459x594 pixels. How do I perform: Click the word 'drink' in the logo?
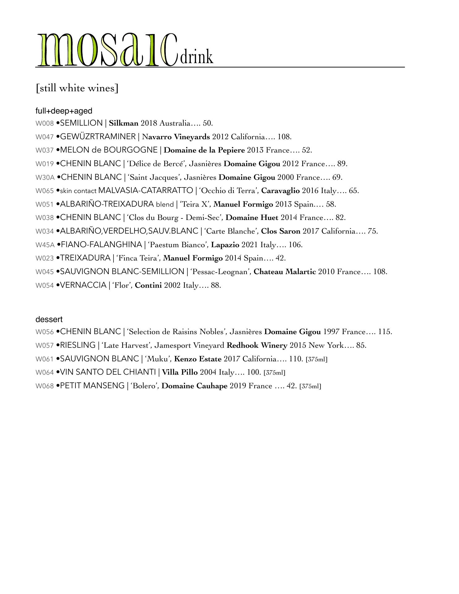197,57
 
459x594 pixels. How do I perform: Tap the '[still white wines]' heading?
77,88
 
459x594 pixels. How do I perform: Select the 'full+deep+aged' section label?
64,111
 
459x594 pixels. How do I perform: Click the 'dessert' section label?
49,319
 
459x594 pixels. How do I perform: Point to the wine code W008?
45,123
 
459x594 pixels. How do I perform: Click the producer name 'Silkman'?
124,123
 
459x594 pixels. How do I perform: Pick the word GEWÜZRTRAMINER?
98,137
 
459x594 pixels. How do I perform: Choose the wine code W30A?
45,178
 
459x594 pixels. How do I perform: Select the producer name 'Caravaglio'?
280,191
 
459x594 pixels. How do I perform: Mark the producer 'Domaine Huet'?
252,217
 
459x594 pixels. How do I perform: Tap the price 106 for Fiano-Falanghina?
295,245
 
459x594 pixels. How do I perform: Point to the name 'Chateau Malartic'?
285,272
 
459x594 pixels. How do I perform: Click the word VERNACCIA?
83,285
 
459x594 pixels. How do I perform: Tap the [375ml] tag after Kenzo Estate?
316,359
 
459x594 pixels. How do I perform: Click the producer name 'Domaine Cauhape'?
195,386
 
